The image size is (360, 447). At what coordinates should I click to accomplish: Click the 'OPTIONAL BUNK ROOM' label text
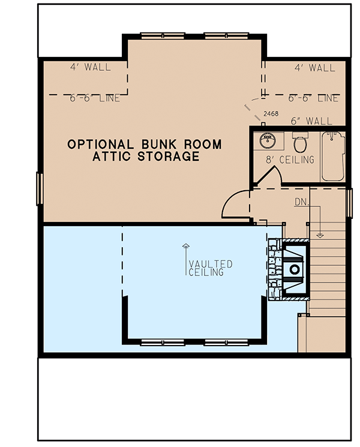(144, 145)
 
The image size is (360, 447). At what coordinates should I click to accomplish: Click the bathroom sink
(267, 142)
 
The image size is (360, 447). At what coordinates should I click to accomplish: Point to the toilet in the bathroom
(300, 143)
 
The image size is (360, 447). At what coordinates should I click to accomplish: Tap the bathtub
(333, 156)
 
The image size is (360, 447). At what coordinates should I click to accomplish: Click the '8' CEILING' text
(290, 160)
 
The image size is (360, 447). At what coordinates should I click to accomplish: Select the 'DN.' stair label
(302, 202)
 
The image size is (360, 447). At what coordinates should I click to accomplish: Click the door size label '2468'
(271, 113)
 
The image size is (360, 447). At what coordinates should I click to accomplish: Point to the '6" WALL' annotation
(311, 121)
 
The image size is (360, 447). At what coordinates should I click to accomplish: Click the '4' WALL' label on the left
(89, 67)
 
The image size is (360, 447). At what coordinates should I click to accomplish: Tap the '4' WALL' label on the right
(315, 68)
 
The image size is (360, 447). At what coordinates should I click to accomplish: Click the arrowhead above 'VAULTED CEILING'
(185, 246)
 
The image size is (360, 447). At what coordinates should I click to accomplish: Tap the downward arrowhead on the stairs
(320, 235)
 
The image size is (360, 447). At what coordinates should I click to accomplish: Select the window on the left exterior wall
(40, 188)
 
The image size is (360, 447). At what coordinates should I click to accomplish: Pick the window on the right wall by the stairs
(350, 202)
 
